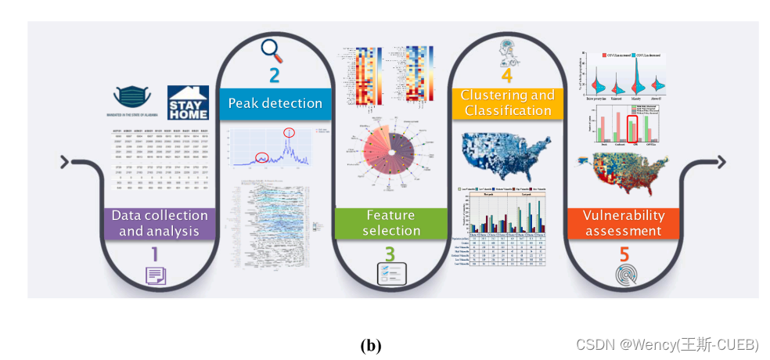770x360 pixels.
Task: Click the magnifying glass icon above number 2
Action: (x=272, y=50)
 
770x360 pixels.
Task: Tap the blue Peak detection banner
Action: (x=275, y=103)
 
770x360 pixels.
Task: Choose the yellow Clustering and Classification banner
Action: (x=507, y=103)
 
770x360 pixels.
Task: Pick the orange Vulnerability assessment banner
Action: (x=623, y=223)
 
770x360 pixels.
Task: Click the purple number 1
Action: (x=154, y=254)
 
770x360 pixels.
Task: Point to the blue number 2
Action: (x=274, y=76)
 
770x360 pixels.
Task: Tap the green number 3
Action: (x=390, y=254)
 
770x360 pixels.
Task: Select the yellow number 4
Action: (x=506, y=76)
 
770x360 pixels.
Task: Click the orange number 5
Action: (x=624, y=254)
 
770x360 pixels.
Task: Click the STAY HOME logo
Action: (x=189, y=103)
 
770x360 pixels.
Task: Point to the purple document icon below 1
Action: (x=155, y=275)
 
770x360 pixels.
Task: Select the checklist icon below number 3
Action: (x=390, y=275)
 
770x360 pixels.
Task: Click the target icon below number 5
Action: (x=623, y=276)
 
